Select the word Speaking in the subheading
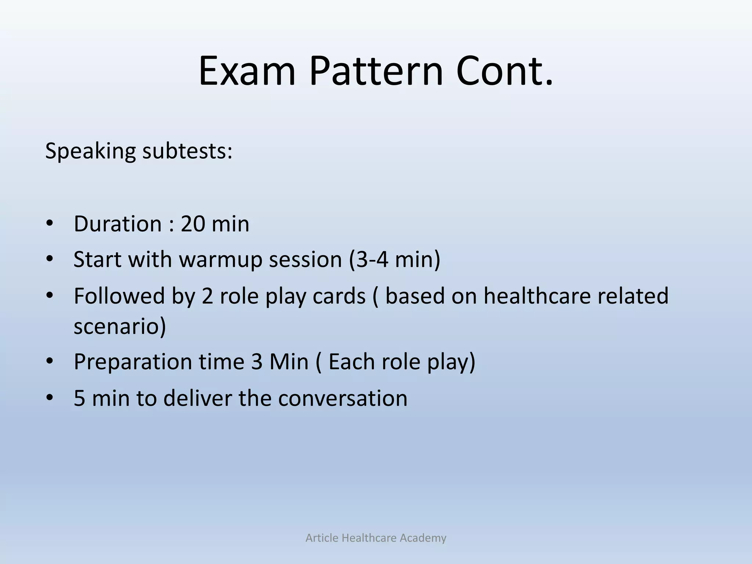[x=90, y=151]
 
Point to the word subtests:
[x=187, y=151]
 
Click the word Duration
[x=117, y=224]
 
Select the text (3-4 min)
[x=394, y=260]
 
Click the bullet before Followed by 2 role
[x=50, y=296]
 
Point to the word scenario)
[x=120, y=326]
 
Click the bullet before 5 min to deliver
[x=50, y=398]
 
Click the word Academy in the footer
[x=423, y=538]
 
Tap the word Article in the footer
[x=322, y=538]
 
